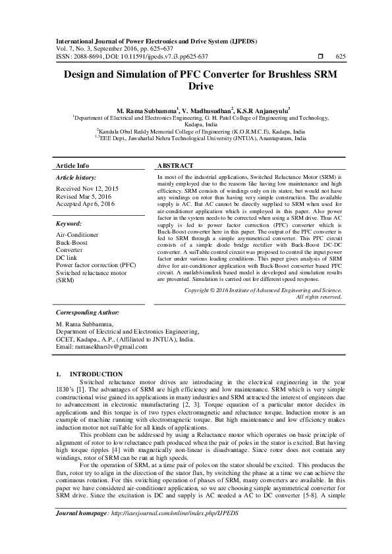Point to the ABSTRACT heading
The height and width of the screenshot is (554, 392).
[176, 166]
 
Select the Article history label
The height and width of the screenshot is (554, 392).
[76, 178]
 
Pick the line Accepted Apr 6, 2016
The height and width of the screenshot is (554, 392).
[86, 205]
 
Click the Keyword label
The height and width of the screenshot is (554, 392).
[69, 224]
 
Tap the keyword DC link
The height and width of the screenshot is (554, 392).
[68, 258]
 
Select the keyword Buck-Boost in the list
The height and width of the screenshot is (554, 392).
[72, 242]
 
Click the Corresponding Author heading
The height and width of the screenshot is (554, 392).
[87, 313]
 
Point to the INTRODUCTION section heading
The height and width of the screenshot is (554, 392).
[96, 374]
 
